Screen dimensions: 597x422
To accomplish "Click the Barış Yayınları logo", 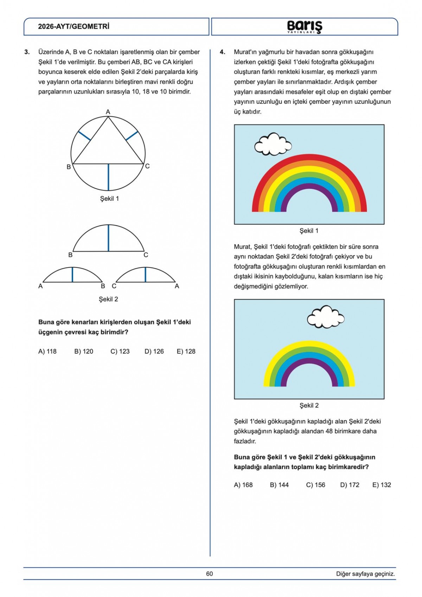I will tap(305, 27).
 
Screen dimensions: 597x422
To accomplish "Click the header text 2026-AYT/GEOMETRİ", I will tap(74, 26).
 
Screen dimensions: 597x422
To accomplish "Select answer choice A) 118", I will tap(47, 351).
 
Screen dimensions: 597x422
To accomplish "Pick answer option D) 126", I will tap(154, 351).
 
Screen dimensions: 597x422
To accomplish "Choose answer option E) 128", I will tap(186, 351).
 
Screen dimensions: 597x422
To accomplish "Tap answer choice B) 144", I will tap(279, 485).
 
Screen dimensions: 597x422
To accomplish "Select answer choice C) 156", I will tap(315, 485).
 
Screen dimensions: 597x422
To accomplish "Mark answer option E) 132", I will tap(382, 485).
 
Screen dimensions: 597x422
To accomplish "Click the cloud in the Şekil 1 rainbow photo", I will tap(273, 144).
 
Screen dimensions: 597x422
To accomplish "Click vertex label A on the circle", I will tap(108, 112).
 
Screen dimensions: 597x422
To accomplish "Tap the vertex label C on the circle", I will tap(147, 166).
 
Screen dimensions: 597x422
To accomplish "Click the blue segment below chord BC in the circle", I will tap(108, 177).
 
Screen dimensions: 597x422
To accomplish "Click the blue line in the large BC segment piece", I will tap(108, 238).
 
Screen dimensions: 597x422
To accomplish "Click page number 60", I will tap(210, 574).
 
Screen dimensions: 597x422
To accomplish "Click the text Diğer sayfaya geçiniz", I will tap(365, 574).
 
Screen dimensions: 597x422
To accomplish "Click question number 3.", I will tap(27, 52).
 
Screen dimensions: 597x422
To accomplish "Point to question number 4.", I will tap(222, 52).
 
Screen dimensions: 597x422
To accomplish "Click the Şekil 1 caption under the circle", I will tap(109, 199).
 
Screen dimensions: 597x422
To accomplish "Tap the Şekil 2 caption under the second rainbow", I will tap(309, 405).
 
